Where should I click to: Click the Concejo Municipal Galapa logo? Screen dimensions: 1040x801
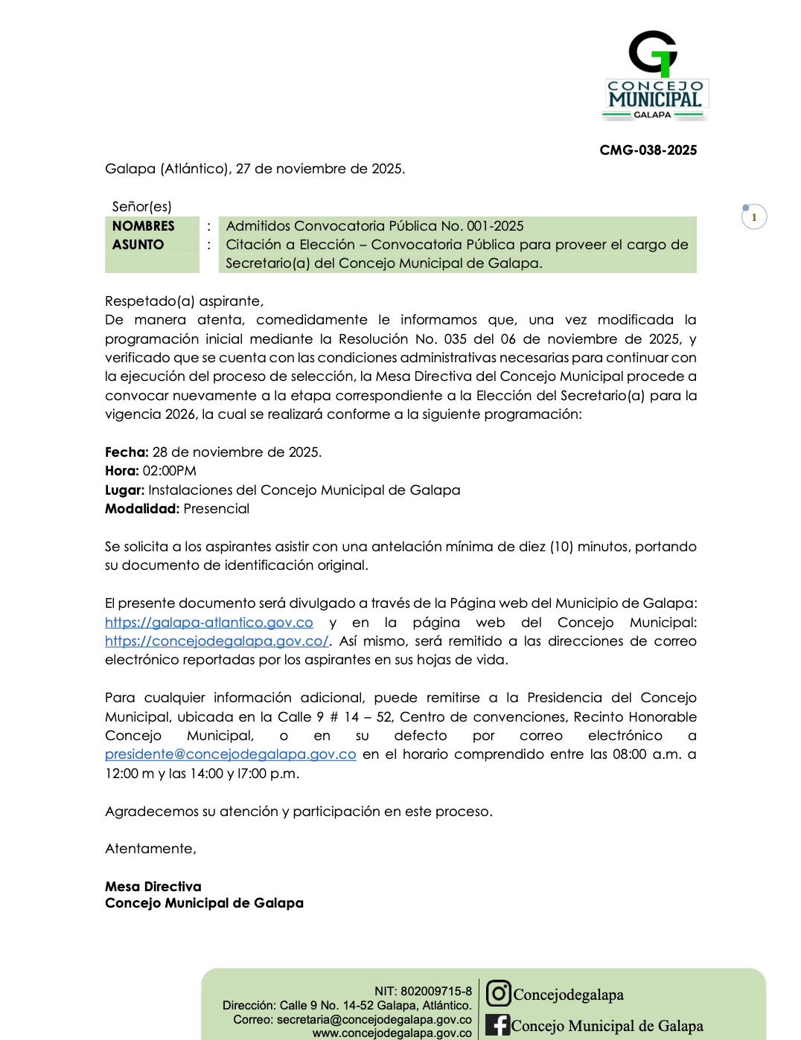pyautogui.click(x=654, y=75)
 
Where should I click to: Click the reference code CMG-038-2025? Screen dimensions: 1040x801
pyautogui.click(x=648, y=150)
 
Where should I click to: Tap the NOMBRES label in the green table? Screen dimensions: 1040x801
pyautogui.click(x=144, y=226)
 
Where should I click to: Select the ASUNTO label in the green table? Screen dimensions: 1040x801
pyautogui.click(x=138, y=245)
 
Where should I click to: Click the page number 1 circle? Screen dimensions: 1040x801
pyautogui.click(x=754, y=217)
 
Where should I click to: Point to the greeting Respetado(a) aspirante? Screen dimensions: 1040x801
pyautogui.click(x=184, y=301)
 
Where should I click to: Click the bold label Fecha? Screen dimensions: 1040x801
pyautogui.click(x=127, y=452)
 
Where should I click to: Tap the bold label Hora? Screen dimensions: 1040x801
pyautogui.click(x=122, y=471)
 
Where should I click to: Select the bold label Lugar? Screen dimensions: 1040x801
pyautogui.click(x=124, y=490)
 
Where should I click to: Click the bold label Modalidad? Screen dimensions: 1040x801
pyautogui.click(x=142, y=509)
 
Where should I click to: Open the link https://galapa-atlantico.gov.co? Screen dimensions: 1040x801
pyautogui.click(x=208, y=623)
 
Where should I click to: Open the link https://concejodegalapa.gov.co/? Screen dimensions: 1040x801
pyautogui.click(x=216, y=641)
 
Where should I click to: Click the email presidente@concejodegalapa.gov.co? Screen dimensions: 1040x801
pyautogui.click(x=230, y=754)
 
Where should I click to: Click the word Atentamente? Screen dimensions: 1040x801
pyautogui.click(x=150, y=849)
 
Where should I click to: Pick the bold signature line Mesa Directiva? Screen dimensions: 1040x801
pyautogui.click(x=153, y=887)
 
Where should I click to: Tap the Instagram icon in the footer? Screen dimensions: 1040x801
pyautogui.click(x=498, y=993)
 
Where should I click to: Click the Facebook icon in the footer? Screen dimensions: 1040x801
pyautogui.click(x=497, y=1025)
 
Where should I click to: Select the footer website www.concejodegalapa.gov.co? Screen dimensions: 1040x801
pyautogui.click(x=392, y=1033)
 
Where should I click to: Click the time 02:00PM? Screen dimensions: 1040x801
pyautogui.click(x=170, y=471)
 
